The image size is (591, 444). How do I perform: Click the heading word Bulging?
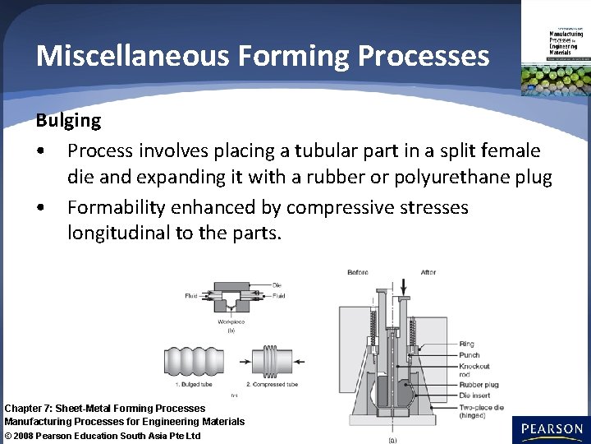(68, 121)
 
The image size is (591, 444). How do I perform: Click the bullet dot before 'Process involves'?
(40, 151)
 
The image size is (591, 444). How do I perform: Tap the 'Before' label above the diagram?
(358, 273)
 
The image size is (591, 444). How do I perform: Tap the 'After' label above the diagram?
(428, 273)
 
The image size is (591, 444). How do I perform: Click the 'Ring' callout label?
(466, 345)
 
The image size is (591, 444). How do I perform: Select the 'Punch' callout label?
(470, 355)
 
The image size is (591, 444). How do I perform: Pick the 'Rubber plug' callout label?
(479, 384)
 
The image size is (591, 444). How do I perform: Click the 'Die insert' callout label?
(477, 395)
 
